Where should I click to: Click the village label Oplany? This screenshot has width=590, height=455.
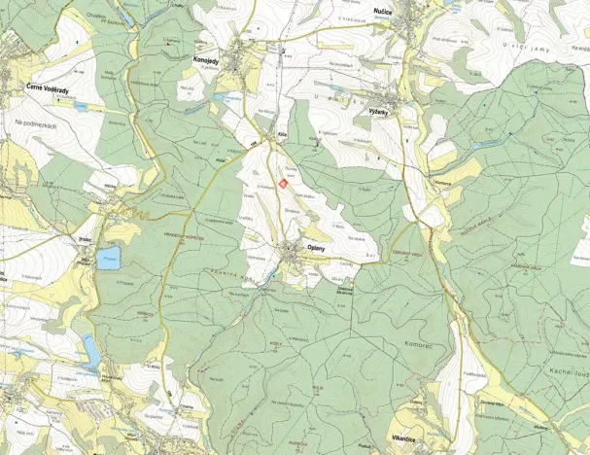coord(316,246)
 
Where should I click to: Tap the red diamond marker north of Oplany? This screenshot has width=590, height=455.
coord(283,177)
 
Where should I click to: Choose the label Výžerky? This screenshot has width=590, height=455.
coord(379,113)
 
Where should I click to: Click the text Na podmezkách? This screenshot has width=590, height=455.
coord(39,123)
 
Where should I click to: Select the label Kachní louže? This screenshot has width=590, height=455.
coord(565,374)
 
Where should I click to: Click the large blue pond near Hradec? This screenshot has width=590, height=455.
coord(108,257)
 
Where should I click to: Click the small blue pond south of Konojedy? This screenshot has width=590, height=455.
coord(224,98)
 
